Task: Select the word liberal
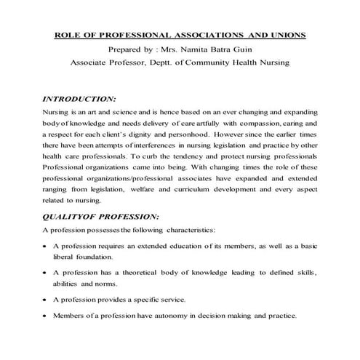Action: (x=63, y=256)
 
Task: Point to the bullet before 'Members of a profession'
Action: (x=46, y=316)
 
